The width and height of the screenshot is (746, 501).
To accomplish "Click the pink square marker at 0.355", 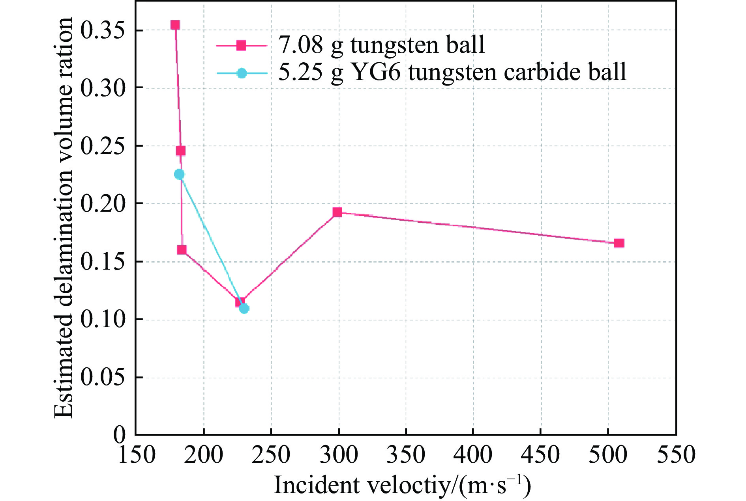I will (175, 25).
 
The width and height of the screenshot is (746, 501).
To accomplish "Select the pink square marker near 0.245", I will (181, 151).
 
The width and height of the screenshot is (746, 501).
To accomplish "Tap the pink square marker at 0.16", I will (182, 250).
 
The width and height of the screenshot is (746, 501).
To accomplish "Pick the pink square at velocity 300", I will (337, 212).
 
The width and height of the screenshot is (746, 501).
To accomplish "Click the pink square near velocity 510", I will (619, 243).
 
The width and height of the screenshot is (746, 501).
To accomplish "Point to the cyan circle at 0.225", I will (179, 174).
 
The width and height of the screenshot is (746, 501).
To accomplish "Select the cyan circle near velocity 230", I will (244, 308).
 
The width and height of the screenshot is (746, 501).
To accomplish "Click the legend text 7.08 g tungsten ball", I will (381, 45).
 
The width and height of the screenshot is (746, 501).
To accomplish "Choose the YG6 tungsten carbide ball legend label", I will (452, 73).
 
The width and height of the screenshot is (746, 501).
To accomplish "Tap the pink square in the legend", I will (241, 46).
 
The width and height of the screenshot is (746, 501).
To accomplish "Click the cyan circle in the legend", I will (242, 73).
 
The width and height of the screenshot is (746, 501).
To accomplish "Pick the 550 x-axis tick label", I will (675, 455).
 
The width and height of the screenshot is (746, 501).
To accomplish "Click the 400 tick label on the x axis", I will (473, 455).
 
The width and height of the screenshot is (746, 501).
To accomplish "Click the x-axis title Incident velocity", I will (402, 485).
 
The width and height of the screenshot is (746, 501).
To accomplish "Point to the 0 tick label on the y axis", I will (119, 435).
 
